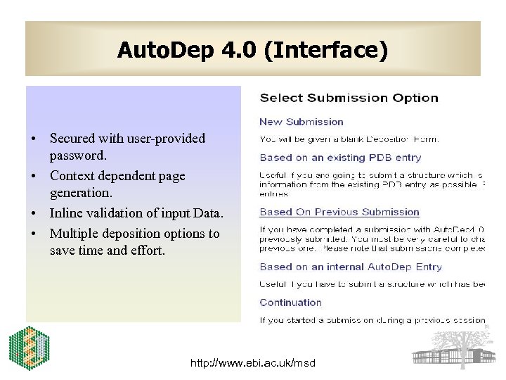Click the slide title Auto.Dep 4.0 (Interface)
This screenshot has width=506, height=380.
[252, 51]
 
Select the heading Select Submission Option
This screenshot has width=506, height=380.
[349, 99]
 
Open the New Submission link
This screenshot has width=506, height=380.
[301, 122]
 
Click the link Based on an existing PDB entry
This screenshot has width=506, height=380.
[340, 158]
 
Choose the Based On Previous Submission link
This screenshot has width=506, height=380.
[339, 212]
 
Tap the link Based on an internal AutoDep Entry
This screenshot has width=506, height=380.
[351, 267]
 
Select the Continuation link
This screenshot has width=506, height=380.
[290, 303]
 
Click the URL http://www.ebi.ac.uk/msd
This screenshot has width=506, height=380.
[254, 363]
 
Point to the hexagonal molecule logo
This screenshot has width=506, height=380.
[28, 348]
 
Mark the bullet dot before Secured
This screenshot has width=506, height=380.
[33, 139]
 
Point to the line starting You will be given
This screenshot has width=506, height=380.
[349, 139]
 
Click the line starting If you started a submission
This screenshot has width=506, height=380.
[372, 320]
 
